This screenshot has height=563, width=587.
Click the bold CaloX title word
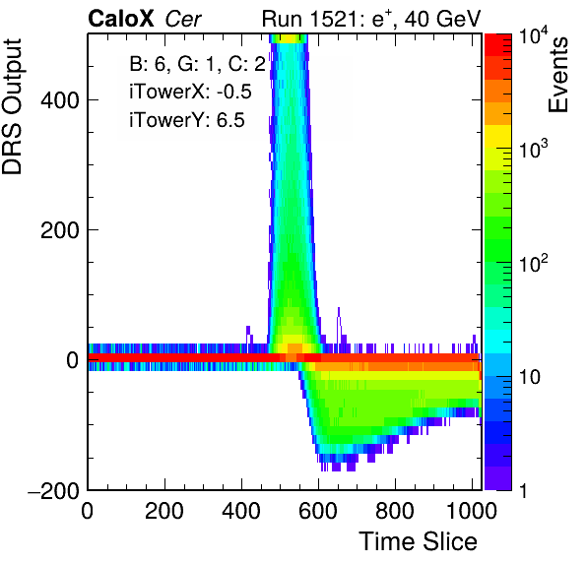(x=121, y=19)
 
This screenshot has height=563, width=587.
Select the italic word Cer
(x=183, y=19)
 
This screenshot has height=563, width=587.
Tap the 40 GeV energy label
(x=442, y=19)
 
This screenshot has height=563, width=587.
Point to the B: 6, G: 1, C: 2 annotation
(x=197, y=64)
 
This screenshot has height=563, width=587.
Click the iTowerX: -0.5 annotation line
(x=190, y=92)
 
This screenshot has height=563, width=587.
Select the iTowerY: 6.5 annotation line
(x=187, y=120)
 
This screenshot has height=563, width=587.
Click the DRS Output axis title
(x=12, y=106)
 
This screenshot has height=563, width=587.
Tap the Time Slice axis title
(x=418, y=541)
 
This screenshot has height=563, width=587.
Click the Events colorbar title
(x=557, y=75)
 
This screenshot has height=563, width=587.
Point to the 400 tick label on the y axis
(x=60, y=100)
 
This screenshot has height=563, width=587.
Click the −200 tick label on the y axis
(x=53, y=490)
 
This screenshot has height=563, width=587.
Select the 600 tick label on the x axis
(x=318, y=511)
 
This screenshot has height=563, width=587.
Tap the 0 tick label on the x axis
(x=87, y=511)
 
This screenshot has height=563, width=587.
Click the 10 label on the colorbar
(x=530, y=377)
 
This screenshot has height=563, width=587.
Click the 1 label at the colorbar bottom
(x=523, y=490)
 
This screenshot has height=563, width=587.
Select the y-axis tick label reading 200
(x=60, y=230)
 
